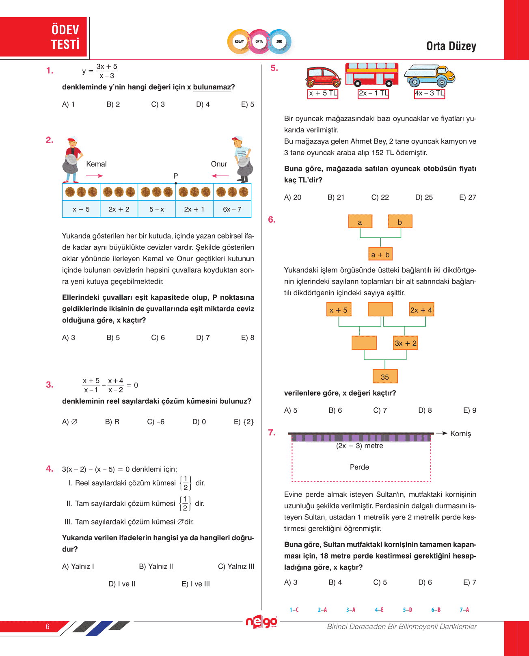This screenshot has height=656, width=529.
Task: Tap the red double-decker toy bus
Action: click(x=372, y=74)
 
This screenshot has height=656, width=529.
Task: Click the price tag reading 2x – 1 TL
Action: click(x=373, y=93)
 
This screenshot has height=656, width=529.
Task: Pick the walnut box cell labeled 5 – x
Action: click(x=157, y=209)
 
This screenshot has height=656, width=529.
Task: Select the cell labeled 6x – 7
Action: click(x=232, y=209)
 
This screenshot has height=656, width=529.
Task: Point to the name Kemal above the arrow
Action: click(x=96, y=164)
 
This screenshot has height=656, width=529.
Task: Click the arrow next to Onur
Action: click(x=220, y=176)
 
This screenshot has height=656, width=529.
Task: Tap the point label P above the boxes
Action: click(x=176, y=176)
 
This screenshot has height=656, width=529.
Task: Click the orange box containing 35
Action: click(x=385, y=377)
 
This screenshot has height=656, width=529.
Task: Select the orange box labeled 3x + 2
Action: click(x=406, y=343)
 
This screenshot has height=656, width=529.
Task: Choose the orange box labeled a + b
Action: click(x=380, y=254)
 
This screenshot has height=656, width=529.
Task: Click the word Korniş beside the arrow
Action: click(x=461, y=434)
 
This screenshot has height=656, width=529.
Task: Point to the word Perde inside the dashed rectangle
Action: click(x=359, y=467)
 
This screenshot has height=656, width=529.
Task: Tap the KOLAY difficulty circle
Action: click(x=240, y=41)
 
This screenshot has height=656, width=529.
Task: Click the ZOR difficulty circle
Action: click(x=279, y=41)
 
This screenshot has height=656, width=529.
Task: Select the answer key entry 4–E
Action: click(x=379, y=610)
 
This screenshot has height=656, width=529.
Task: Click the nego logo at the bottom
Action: click(x=261, y=622)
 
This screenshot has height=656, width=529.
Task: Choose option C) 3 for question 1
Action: click(x=158, y=104)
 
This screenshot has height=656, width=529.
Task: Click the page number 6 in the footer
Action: click(x=48, y=626)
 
